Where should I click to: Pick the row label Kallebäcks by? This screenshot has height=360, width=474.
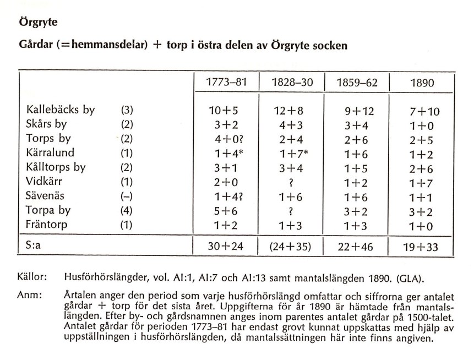click(x=61, y=110)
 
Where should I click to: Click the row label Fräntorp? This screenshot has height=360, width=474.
click(x=50, y=225)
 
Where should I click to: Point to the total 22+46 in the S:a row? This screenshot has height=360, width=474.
click(x=355, y=247)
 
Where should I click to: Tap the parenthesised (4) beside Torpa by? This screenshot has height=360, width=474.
click(x=127, y=211)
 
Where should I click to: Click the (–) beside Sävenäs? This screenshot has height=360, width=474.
click(x=127, y=197)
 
